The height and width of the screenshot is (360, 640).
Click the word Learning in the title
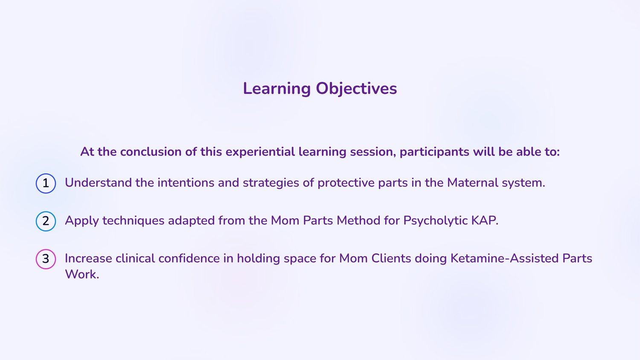click(x=276, y=89)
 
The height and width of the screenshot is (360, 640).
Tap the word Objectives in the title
click(x=356, y=89)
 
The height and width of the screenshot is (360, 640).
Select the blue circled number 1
click(x=46, y=183)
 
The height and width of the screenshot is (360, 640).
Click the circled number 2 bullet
click(x=46, y=221)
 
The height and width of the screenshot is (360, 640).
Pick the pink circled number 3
click(x=46, y=259)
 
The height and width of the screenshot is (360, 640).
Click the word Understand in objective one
click(x=98, y=183)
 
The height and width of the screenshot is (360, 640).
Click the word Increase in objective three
click(x=88, y=258)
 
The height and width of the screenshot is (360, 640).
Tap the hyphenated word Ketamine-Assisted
click(x=505, y=258)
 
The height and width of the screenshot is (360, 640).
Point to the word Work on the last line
click(x=82, y=274)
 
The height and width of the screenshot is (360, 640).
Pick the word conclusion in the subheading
click(x=151, y=152)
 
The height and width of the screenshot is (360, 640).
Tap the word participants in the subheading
click(x=434, y=152)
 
